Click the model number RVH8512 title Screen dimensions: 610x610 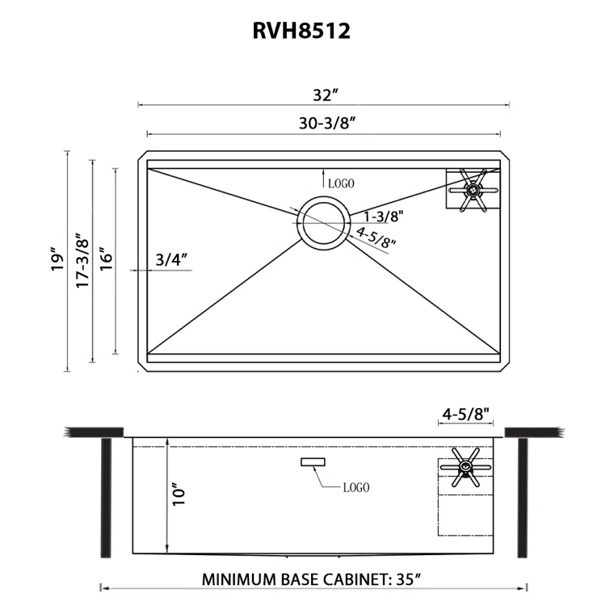click(x=305, y=31)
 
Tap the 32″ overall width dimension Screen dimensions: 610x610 click(x=324, y=95)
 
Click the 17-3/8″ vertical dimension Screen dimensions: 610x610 click(x=81, y=260)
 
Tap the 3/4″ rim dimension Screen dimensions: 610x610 click(x=171, y=259)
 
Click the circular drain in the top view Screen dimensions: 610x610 click(x=323, y=220)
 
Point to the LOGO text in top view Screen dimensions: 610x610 click(x=341, y=184)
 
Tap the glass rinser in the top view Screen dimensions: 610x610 click(x=472, y=190)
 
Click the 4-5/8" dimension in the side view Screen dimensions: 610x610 click(x=466, y=414)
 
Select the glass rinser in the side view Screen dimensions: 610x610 click(x=464, y=467)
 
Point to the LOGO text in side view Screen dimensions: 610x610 click(x=355, y=487)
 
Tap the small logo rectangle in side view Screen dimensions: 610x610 click(x=312, y=461)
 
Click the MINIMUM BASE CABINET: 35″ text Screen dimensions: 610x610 click(x=312, y=579)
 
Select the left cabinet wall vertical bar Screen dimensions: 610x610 click(x=106, y=497)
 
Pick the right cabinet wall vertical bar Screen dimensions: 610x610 click(x=522, y=497)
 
